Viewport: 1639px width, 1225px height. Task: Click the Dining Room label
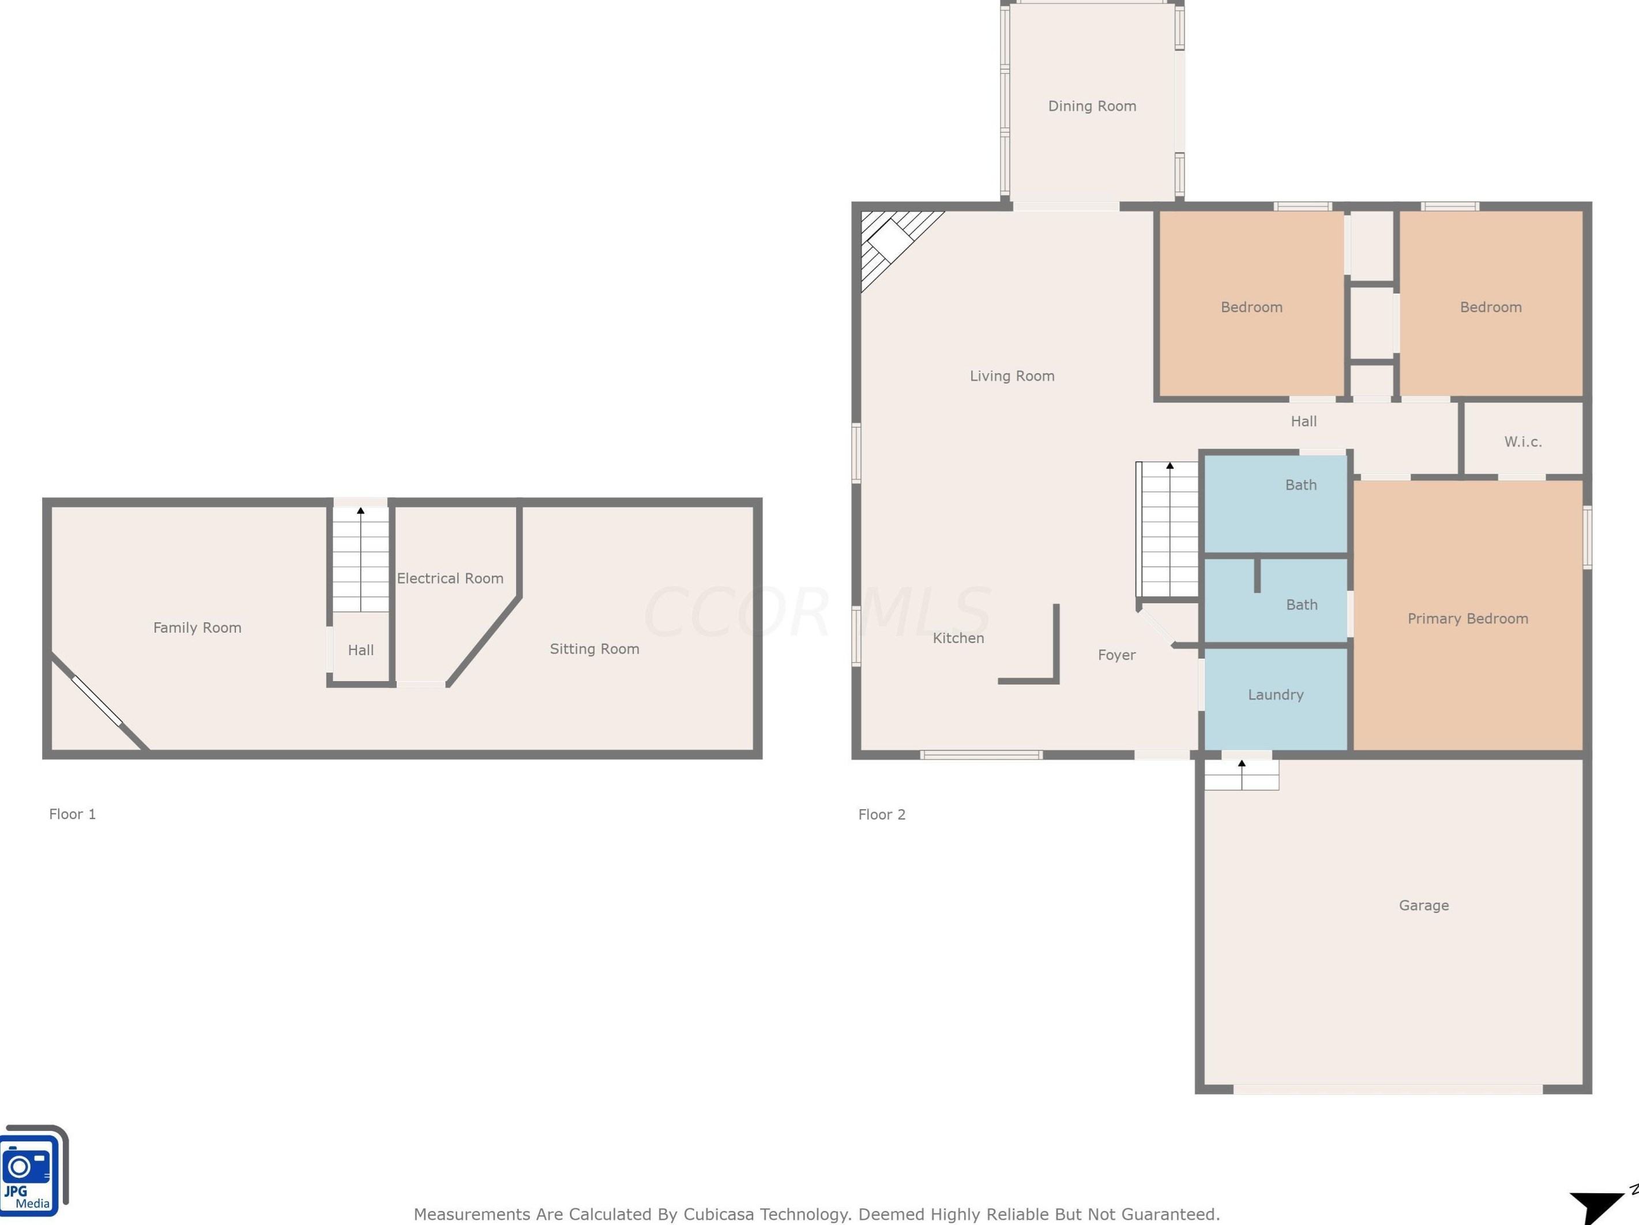pos(1092,106)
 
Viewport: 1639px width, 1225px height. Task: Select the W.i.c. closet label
pos(1523,442)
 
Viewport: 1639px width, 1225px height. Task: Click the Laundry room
pos(1275,694)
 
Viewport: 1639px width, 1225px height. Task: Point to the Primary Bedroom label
pos(1467,618)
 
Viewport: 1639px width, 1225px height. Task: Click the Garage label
pos(1423,905)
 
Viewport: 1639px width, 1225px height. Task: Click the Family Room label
pos(197,627)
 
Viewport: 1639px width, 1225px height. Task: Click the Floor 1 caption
pos(72,814)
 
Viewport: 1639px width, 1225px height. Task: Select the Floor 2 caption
pos(882,814)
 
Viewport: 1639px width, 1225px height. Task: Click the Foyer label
pos(1116,655)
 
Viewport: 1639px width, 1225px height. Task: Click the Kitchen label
pos(958,638)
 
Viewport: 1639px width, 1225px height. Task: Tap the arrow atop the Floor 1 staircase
pos(361,510)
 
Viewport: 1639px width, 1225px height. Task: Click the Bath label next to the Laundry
pos(1301,605)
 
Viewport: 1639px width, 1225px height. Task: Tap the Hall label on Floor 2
pos(1303,421)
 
